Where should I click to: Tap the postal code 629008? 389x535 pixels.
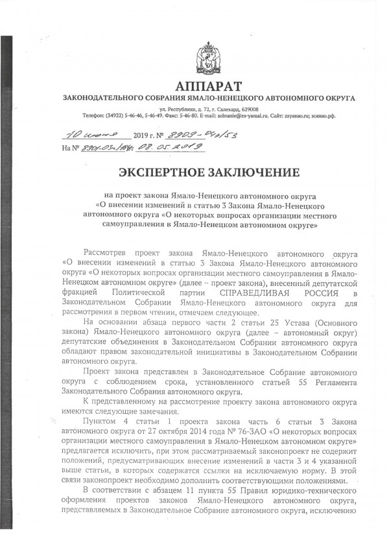point(250,110)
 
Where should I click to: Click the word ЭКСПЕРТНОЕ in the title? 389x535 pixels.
point(161,173)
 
